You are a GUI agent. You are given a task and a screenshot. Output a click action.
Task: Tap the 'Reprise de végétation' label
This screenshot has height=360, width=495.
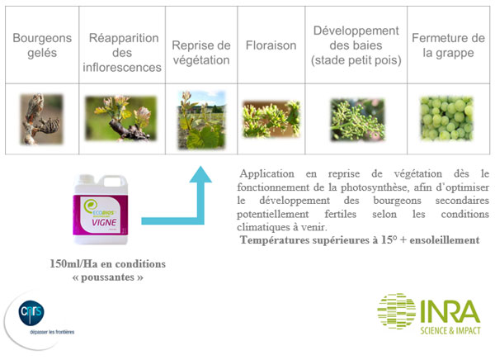point(201,52)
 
